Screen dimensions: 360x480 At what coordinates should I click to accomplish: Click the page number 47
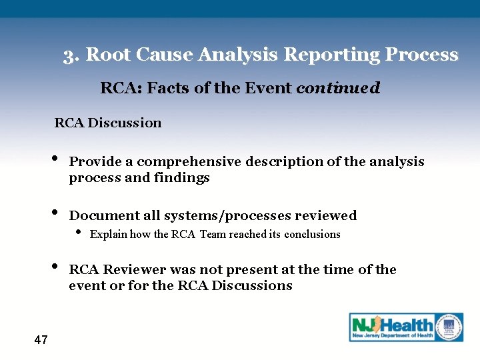(x=41, y=341)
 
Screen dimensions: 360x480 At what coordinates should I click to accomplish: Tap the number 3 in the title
(x=69, y=55)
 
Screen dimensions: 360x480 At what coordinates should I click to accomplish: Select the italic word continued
(x=337, y=88)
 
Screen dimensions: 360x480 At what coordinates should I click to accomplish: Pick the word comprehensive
(x=189, y=162)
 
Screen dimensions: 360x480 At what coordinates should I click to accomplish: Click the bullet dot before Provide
(x=53, y=160)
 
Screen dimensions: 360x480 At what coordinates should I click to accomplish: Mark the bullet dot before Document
(x=53, y=214)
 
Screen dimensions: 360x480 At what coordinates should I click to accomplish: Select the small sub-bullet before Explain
(x=79, y=233)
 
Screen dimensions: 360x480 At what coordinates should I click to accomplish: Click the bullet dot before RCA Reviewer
(x=53, y=268)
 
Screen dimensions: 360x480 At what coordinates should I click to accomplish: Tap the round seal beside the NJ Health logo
(x=449, y=327)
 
